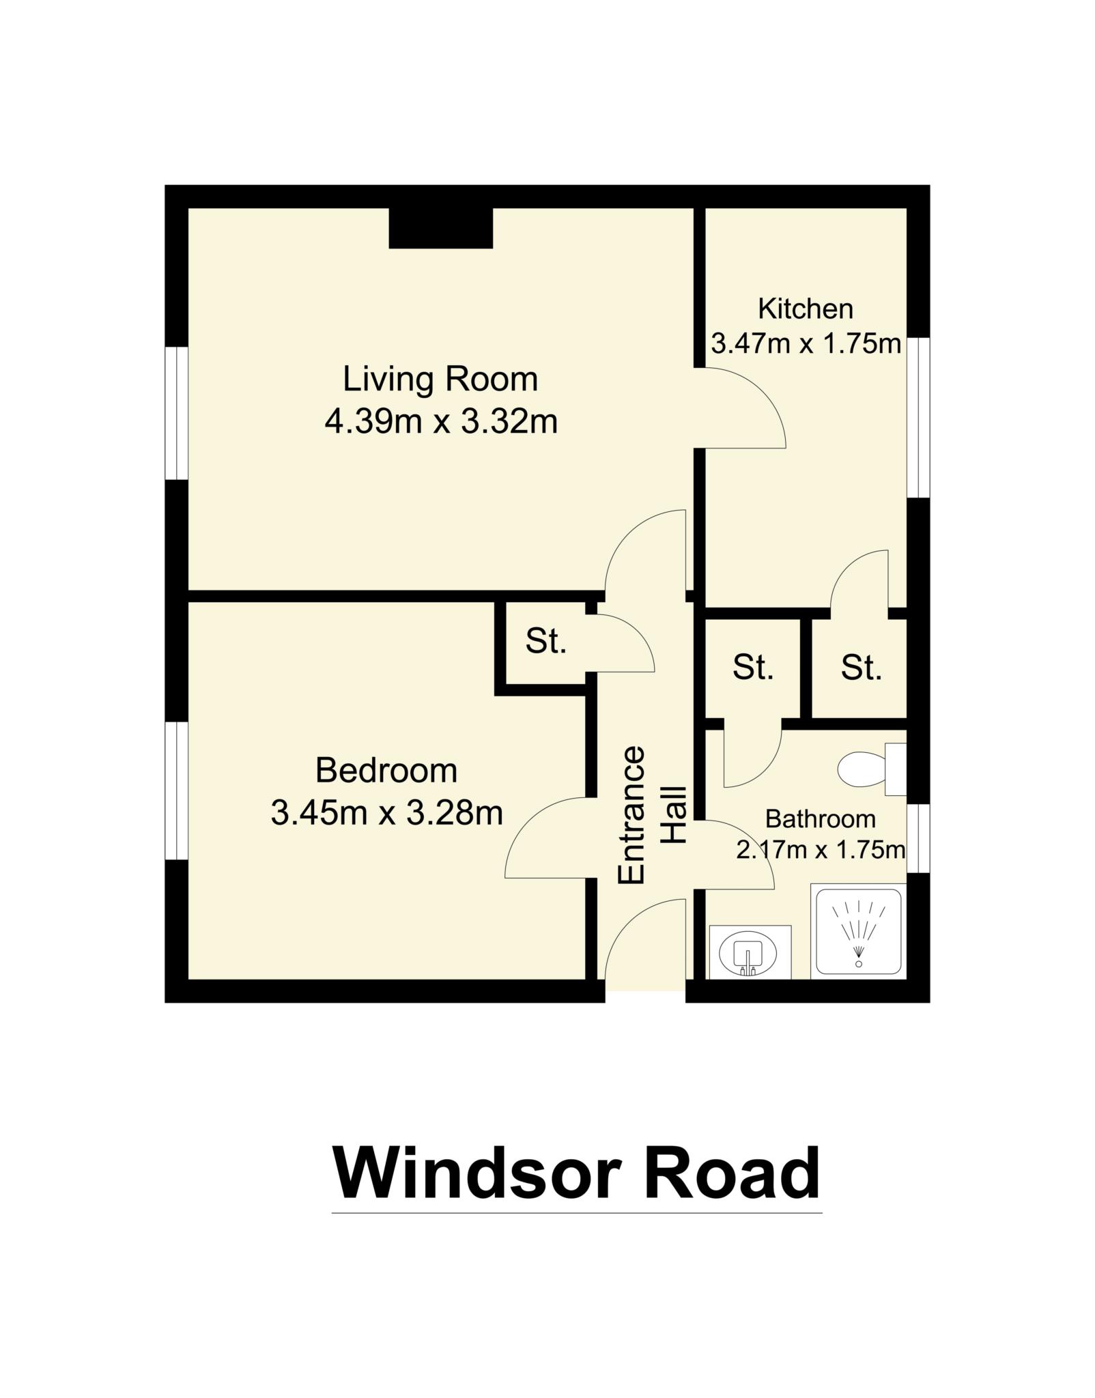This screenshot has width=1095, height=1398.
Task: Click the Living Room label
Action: click(x=440, y=380)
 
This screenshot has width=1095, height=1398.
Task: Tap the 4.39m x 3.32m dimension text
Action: click(x=441, y=422)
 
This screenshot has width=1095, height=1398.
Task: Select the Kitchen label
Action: click(x=806, y=309)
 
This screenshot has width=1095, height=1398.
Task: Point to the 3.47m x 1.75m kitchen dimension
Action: click(x=806, y=343)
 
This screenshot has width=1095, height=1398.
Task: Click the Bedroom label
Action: click(x=386, y=771)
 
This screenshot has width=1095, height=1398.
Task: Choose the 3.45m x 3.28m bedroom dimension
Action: click(x=386, y=813)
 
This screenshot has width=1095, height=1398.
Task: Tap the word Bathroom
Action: click(x=820, y=818)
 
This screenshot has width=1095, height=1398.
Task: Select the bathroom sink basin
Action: click(x=750, y=953)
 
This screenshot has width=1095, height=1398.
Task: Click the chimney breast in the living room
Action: click(x=440, y=227)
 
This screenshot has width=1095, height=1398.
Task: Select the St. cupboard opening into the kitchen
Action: click(x=861, y=668)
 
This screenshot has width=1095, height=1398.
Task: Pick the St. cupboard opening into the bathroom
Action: click(x=752, y=668)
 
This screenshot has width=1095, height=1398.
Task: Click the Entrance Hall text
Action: click(x=651, y=815)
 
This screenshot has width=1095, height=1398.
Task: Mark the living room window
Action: click(x=177, y=413)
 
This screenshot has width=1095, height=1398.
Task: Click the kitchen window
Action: click(x=918, y=418)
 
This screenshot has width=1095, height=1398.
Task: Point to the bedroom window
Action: click(x=177, y=790)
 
